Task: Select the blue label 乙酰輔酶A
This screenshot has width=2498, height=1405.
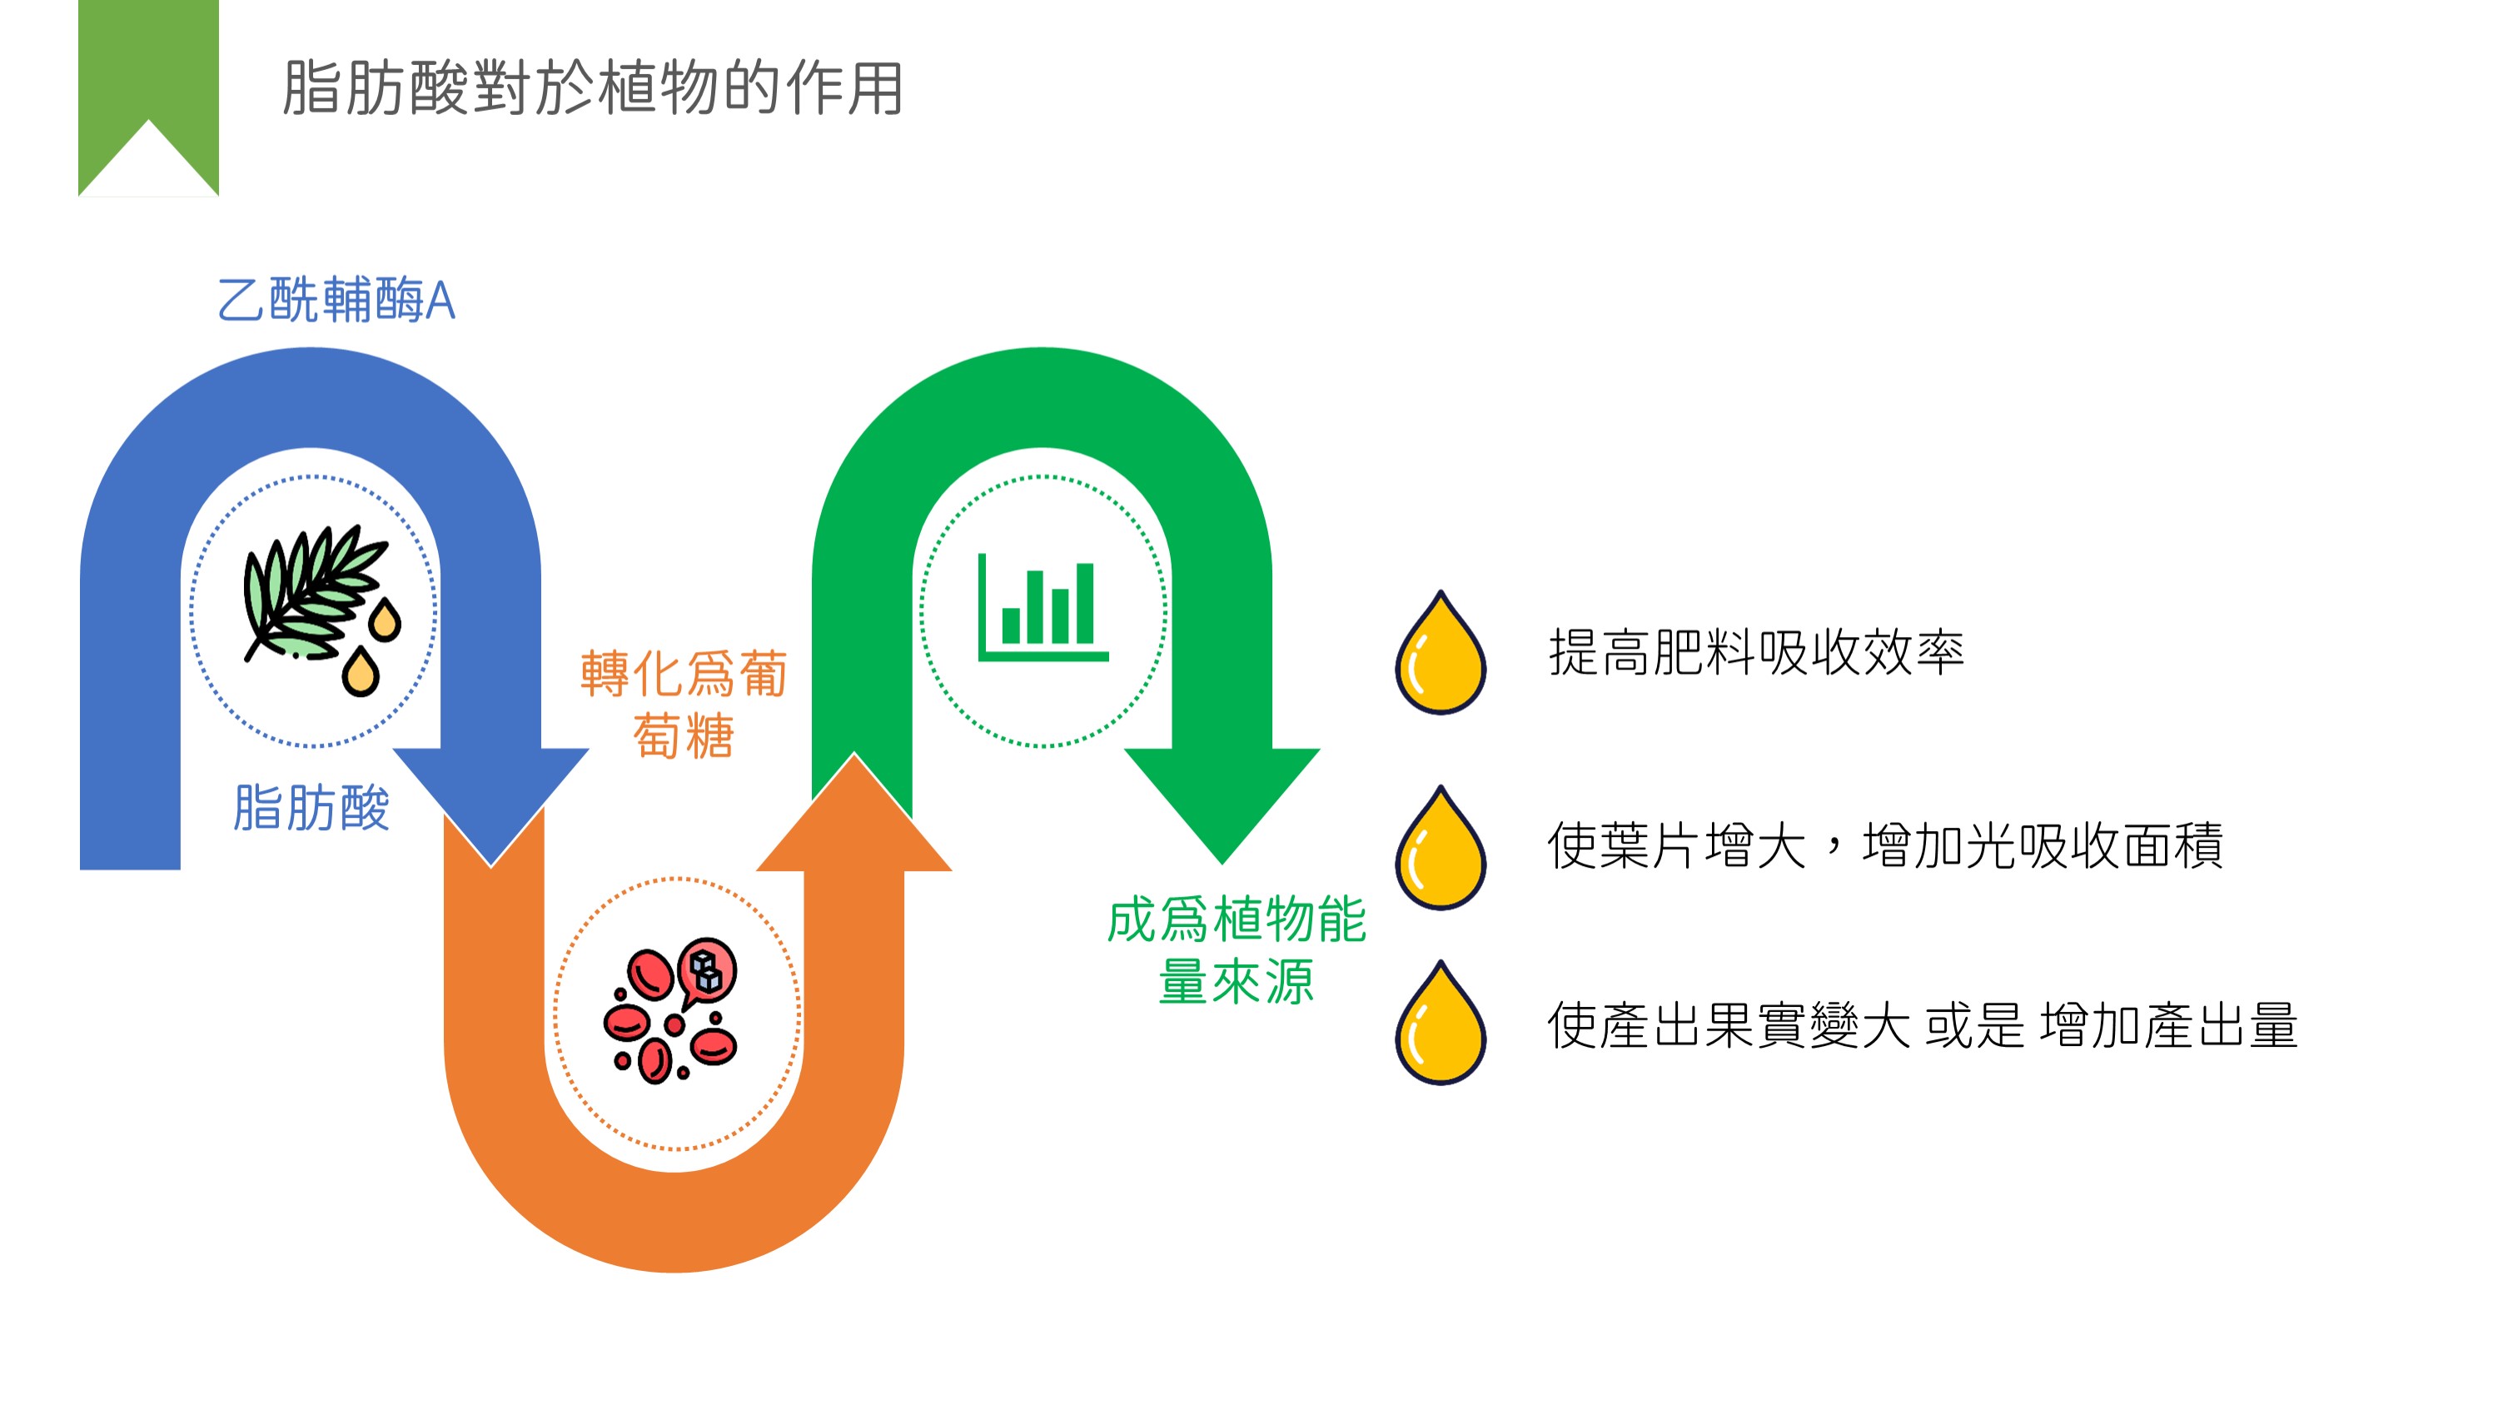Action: (x=336, y=299)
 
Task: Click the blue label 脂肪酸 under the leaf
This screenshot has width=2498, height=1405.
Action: (x=311, y=808)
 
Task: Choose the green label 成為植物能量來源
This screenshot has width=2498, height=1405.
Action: (x=1237, y=950)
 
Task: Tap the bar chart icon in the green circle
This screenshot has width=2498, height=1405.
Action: (x=1042, y=608)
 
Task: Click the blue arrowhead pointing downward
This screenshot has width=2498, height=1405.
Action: (x=490, y=805)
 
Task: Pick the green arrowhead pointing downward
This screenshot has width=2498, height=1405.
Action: (x=1222, y=804)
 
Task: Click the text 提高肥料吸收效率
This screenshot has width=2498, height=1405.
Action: (x=1756, y=651)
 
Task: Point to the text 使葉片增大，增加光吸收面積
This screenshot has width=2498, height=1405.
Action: (x=1885, y=845)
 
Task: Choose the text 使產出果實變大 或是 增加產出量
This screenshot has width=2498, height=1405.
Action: (x=1922, y=1025)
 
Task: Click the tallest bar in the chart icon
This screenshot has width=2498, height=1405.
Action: (x=1085, y=603)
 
